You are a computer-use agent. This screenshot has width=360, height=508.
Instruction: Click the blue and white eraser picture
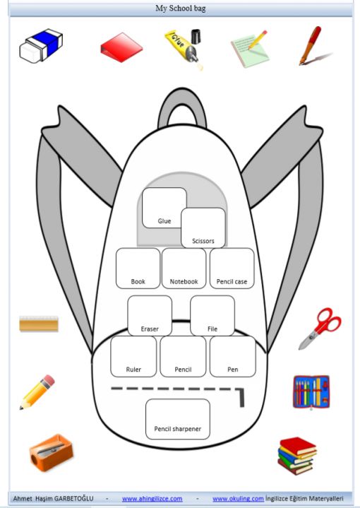click(41, 45)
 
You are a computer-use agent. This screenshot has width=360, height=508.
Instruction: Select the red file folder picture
click(121, 47)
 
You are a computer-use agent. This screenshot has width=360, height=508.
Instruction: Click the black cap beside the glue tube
click(196, 36)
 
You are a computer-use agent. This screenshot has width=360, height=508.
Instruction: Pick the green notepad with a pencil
click(250, 49)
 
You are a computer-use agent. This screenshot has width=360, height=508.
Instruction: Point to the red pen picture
click(311, 45)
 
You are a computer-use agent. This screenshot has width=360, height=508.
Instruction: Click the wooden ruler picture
click(39, 324)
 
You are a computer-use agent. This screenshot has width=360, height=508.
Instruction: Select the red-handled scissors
click(320, 329)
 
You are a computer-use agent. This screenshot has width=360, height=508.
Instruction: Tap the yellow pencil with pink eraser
click(37, 392)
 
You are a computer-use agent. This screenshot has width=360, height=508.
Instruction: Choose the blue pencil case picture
click(311, 391)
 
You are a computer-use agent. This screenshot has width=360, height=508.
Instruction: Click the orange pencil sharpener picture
click(51, 452)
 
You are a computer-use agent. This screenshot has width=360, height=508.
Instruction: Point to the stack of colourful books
click(297, 456)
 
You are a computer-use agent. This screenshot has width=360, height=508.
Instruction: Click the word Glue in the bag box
click(164, 221)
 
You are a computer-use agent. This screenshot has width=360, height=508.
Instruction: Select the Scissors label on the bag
click(203, 241)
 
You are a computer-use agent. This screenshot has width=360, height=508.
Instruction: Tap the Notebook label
click(184, 281)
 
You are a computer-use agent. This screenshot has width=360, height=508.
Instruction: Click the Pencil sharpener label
click(177, 429)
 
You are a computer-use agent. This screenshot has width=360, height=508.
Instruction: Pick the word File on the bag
click(212, 329)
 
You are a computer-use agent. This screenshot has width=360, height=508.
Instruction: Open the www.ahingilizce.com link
click(152, 499)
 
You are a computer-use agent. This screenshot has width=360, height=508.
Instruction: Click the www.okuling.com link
click(238, 499)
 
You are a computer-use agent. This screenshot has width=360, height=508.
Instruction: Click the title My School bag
click(180, 8)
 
